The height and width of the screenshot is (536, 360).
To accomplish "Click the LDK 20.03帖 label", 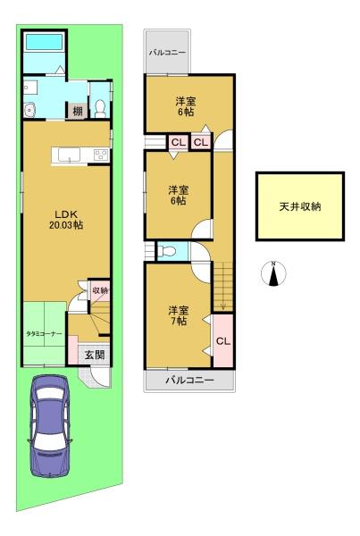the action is tap(66, 220).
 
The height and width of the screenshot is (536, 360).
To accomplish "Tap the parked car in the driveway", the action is tap(49, 425).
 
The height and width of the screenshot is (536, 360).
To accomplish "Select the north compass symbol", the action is tap(273, 273).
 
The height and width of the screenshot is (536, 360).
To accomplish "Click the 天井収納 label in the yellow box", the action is tap(300, 206).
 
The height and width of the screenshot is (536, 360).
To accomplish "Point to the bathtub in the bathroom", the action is tap(45, 42).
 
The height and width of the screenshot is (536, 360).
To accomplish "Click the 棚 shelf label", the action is tap(78, 111).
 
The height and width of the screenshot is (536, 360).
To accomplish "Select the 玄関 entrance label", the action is tap(95, 355).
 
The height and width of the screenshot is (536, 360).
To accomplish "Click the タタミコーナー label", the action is tap(45, 333).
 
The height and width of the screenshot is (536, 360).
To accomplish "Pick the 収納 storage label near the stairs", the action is tap(101, 290).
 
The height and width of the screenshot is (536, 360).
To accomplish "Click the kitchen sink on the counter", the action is tap(69, 155).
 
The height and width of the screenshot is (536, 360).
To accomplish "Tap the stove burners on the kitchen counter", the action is tap(102, 155).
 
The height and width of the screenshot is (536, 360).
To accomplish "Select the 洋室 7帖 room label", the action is tap(178, 315).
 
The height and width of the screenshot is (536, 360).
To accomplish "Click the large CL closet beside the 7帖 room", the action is tap(223, 341).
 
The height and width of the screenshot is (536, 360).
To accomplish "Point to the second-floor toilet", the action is tap(167, 252).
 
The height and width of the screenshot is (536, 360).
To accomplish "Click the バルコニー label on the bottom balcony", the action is tap(189, 381).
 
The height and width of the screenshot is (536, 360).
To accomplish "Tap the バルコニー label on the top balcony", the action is tap(167, 53).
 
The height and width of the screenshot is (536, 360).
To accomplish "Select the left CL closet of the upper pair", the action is tap(178, 142).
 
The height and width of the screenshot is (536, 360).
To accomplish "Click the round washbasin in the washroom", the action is tap(30, 110).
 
